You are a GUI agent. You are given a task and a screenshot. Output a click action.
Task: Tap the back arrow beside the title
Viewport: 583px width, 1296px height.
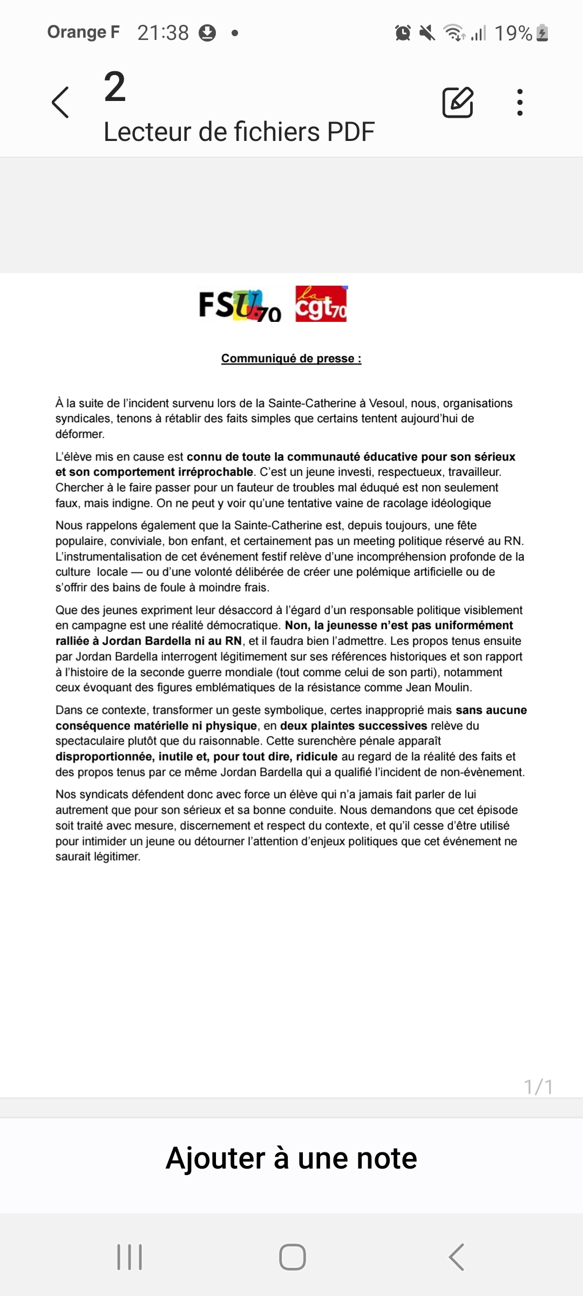click(x=60, y=102)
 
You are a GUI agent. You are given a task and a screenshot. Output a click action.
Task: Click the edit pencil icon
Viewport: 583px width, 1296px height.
click(x=458, y=102)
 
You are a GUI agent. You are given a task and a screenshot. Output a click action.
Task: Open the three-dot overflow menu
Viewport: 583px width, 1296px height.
click(x=519, y=102)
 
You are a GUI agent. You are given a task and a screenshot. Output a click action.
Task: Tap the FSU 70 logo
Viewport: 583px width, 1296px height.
click(x=240, y=305)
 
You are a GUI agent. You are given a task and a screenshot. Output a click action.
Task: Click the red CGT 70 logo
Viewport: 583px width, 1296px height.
click(x=321, y=304)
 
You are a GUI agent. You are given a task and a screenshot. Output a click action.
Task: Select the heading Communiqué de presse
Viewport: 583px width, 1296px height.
click(x=291, y=359)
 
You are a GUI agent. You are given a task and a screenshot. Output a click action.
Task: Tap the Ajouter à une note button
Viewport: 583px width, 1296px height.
click(x=291, y=1158)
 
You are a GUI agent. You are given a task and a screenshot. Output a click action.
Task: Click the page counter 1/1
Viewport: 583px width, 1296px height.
click(x=538, y=1086)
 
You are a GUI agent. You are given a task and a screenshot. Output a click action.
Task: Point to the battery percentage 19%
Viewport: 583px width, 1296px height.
click(x=513, y=33)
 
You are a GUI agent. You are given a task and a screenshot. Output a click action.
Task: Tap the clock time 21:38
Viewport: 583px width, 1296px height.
click(x=163, y=33)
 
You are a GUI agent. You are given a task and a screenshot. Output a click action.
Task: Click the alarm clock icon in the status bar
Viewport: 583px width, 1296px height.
click(x=403, y=33)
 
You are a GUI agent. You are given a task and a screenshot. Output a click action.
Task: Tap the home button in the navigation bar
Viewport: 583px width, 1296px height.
click(x=292, y=1257)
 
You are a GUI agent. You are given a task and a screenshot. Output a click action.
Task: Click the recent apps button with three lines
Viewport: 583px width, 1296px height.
click(x=130, y=1257)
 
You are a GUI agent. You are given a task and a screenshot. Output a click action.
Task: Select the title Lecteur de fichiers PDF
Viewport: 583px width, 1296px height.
click(x=239, y=132)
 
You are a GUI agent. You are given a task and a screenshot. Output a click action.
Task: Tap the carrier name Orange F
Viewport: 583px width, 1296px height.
click(x=83, y=32)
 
